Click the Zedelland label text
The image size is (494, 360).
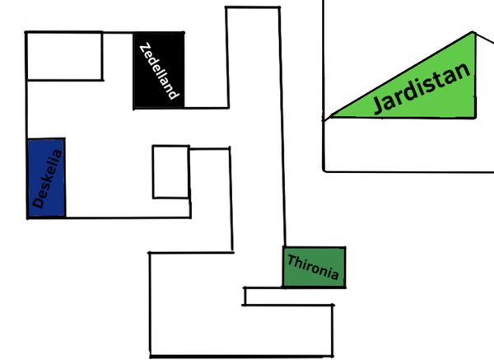(159, 70)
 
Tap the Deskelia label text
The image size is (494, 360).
(47, 178)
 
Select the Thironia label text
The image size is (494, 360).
(313, 268)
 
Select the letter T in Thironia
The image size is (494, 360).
(291, 260)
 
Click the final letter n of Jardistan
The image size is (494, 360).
(464, 71)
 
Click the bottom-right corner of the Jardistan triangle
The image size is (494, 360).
(478, 117)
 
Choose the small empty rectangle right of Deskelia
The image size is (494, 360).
(170, 172)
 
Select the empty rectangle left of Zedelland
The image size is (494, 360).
(65, 56)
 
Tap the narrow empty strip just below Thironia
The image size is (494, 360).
(288, 296)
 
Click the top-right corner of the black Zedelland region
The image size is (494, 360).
(184, 32)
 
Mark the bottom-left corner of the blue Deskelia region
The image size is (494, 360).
(28, 217)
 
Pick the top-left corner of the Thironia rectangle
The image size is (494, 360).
(283, 247)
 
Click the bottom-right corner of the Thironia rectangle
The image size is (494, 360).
(345, 288)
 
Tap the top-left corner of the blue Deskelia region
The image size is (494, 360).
(28, 138)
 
